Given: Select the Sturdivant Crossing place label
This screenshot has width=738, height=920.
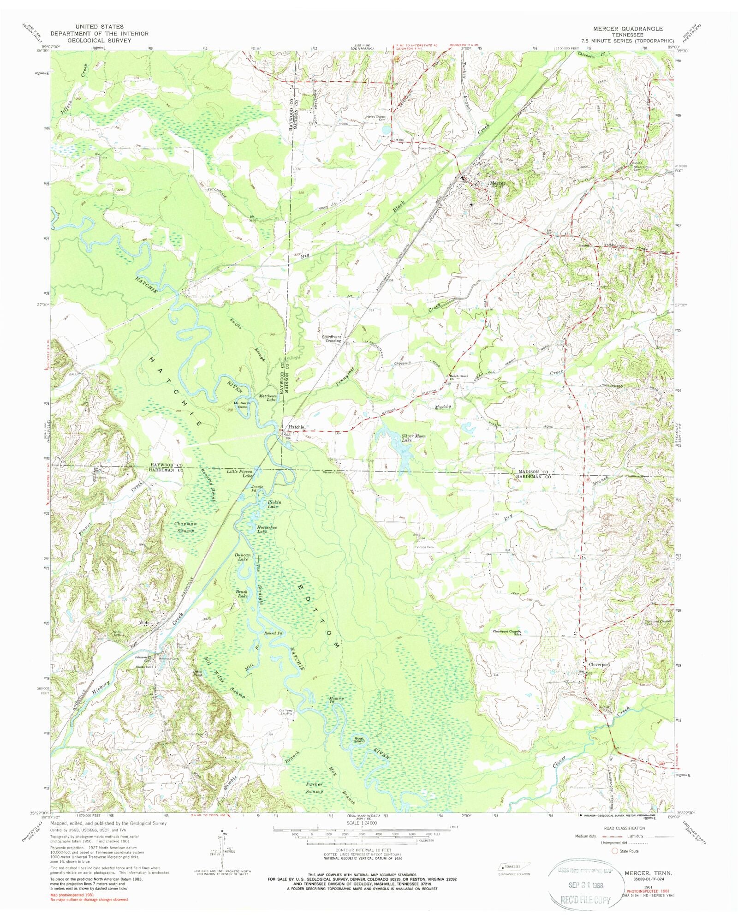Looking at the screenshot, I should (332, 339).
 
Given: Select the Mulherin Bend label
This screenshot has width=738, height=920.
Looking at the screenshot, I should (242, 405).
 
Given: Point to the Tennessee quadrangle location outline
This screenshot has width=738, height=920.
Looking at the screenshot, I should (513, 866).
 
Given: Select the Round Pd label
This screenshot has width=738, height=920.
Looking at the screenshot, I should (273, 633).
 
